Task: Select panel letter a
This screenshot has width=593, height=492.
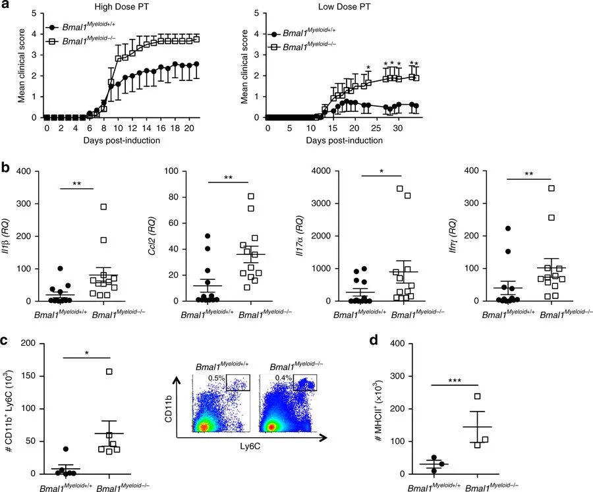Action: [x=5, y=6]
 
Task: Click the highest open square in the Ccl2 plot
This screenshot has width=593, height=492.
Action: [x=251, y=196]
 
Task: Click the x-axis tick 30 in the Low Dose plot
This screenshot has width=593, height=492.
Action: [x=397, y=129]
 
